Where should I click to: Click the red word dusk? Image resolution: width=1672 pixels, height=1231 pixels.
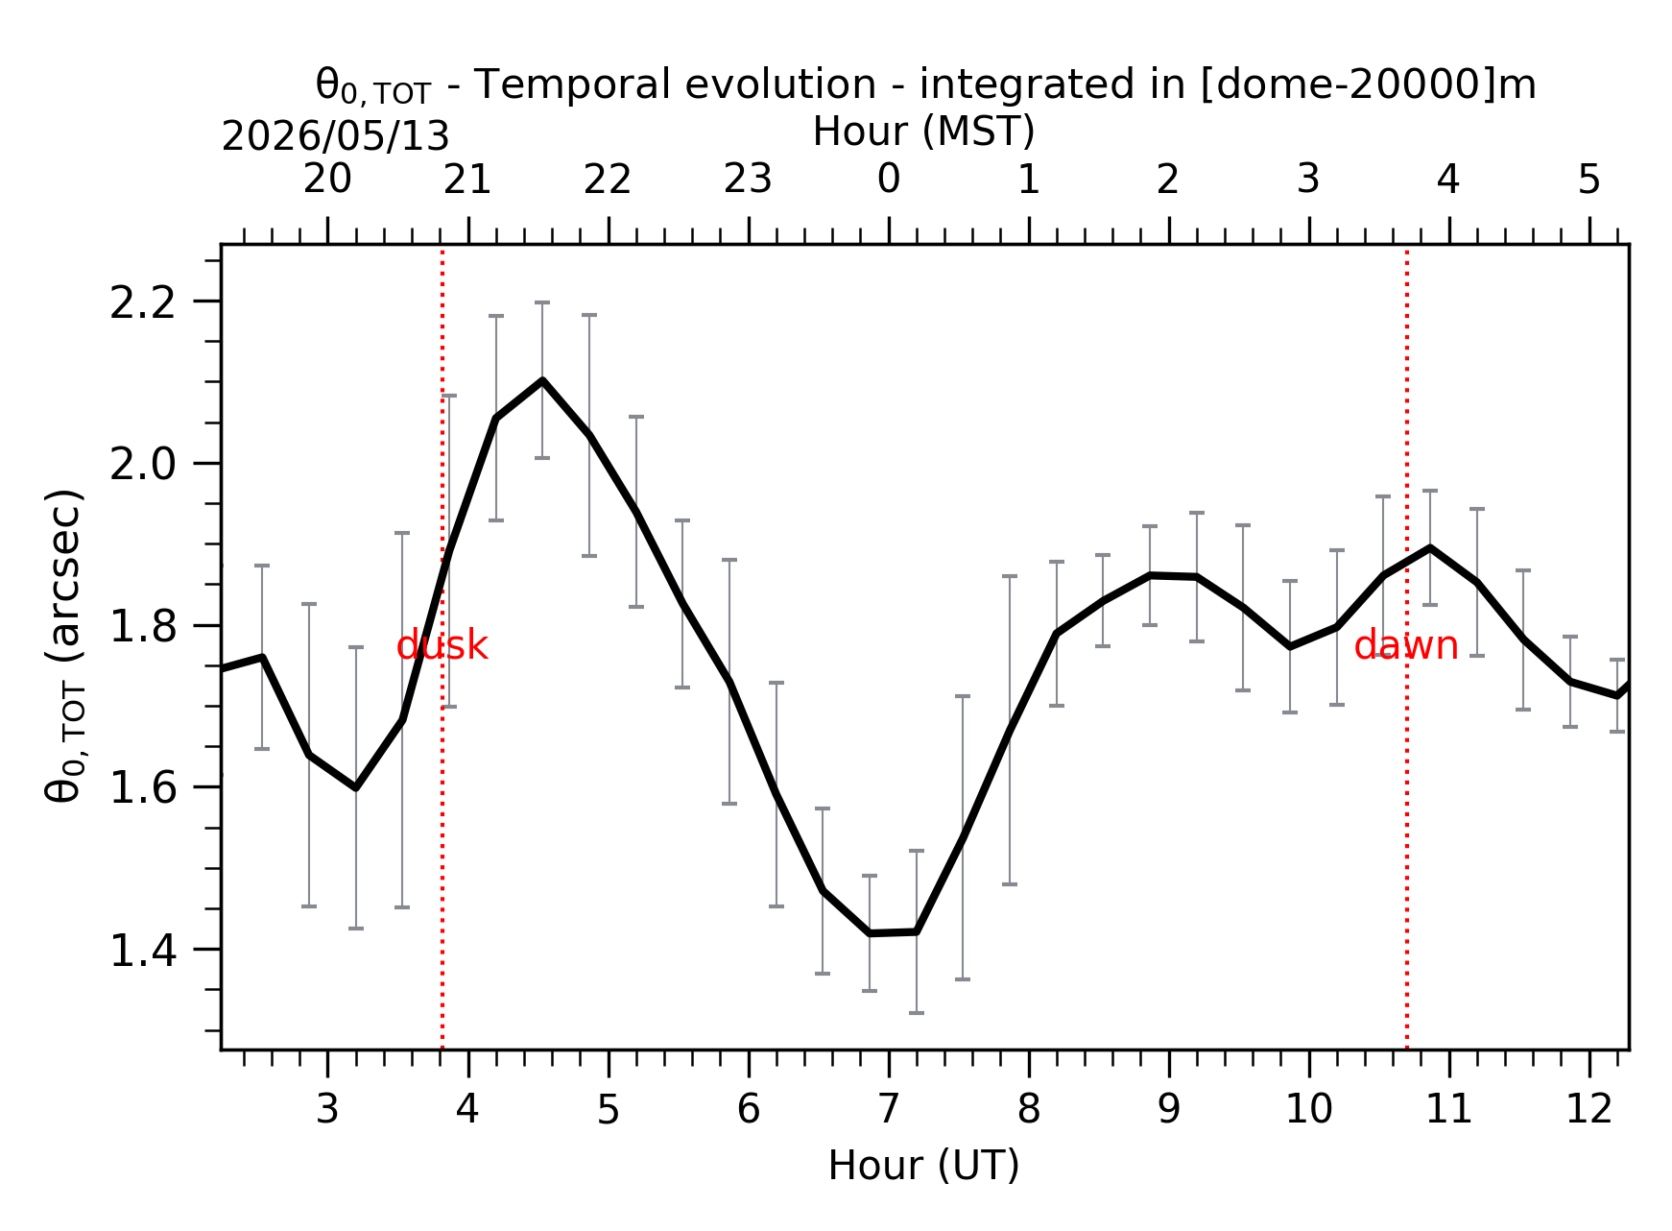[x=442, y=645]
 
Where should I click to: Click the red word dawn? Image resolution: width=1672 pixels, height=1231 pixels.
[x=1406, y=645]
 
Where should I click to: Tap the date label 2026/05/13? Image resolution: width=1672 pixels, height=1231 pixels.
[x=335, y=136]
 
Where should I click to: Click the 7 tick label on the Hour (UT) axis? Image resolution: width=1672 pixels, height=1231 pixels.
[x=889, y=1109]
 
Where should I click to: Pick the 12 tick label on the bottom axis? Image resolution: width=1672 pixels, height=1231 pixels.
[x=1589, y=1109]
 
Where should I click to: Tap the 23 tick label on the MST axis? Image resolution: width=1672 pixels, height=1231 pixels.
[x=748, y=179]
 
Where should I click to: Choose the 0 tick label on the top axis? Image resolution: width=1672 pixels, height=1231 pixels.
[x=889, y=179]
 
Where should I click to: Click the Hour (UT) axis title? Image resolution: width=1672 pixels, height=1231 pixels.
[x=923, y=1166]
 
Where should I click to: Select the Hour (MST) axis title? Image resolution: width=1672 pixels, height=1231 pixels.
[x=923, y=132]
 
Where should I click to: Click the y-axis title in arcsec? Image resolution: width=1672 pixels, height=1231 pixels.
[x=65, y=645]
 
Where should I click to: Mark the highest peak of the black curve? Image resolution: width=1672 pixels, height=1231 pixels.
[x=542, y=380]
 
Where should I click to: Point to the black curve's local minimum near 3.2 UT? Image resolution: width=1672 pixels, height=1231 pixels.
[x=356, y=787]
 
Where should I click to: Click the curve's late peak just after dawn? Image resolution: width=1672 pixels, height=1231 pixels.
[x=1430, y=547]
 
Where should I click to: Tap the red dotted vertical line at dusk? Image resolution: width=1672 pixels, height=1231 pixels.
[x=442, y=647]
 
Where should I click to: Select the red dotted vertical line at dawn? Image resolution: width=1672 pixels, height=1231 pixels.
[x=1407, y=647]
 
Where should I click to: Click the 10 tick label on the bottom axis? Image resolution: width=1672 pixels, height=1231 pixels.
[x=1309, y=1109]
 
